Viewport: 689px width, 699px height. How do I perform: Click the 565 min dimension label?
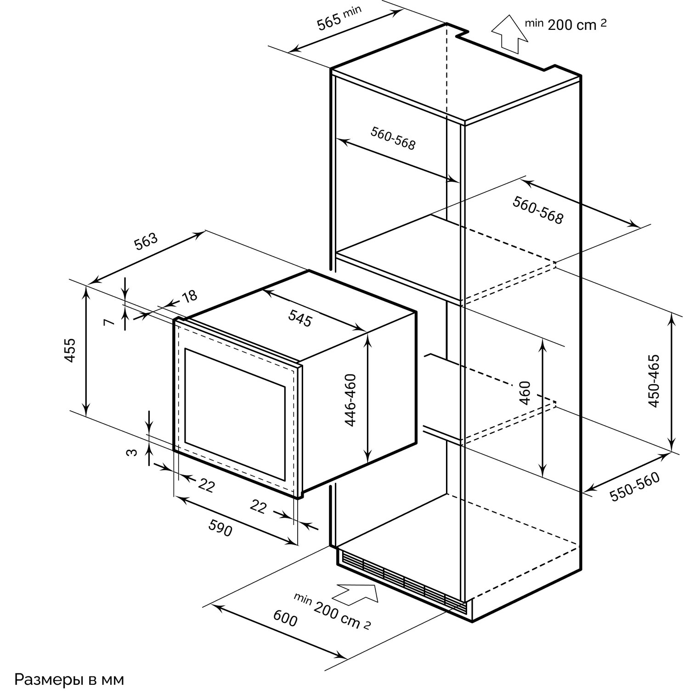pos(339,18)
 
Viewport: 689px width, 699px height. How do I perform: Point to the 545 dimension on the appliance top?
pos(300,318)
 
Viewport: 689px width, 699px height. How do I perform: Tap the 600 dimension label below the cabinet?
pos(285,620)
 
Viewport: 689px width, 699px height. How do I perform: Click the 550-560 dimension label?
pos(635,487)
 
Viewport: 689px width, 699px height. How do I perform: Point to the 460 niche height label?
pos(525,392)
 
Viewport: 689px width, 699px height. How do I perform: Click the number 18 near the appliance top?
pos(189,296)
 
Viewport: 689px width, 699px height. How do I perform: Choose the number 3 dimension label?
pos(132,452)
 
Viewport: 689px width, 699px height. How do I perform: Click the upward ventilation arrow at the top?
pos(509,34)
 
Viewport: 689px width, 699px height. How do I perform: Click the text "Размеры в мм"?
pos(69,680)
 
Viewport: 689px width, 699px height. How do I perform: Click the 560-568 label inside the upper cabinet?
pos(393,138)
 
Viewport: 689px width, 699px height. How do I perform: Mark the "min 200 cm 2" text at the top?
pos(566,24)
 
